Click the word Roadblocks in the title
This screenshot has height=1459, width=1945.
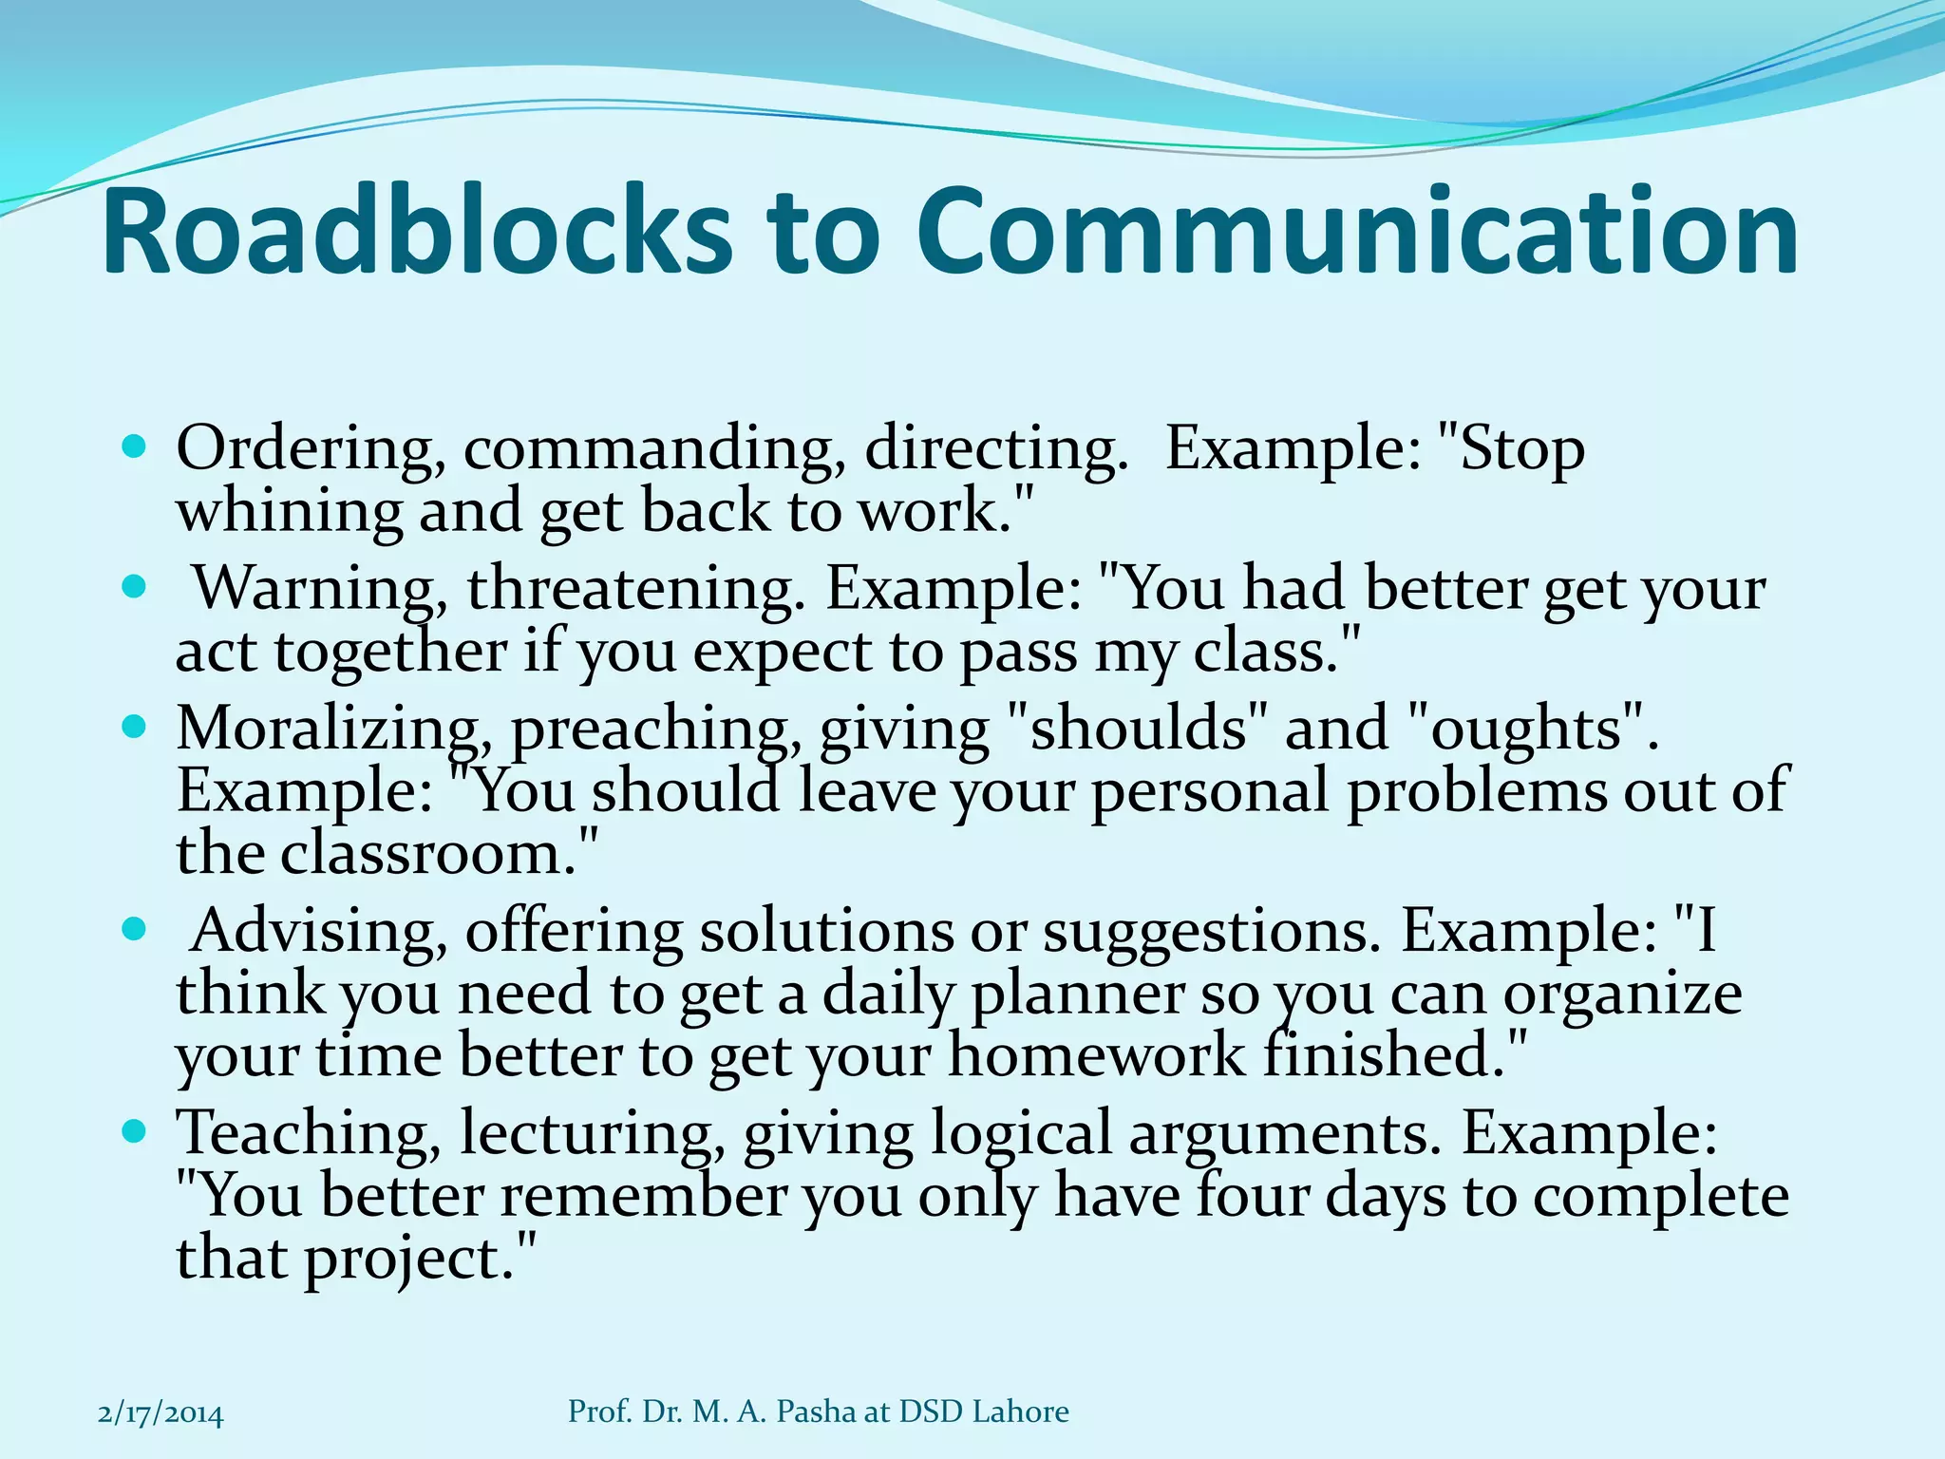(416, 232)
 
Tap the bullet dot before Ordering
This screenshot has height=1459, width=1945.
(135, 445)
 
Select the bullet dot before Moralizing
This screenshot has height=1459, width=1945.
(135, 728)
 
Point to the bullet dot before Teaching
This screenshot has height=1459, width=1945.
(135, 1131)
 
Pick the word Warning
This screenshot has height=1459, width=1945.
(314, 589)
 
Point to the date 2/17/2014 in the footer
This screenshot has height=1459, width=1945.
(161, 1413)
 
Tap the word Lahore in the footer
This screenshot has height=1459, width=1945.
(1020, 1412)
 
